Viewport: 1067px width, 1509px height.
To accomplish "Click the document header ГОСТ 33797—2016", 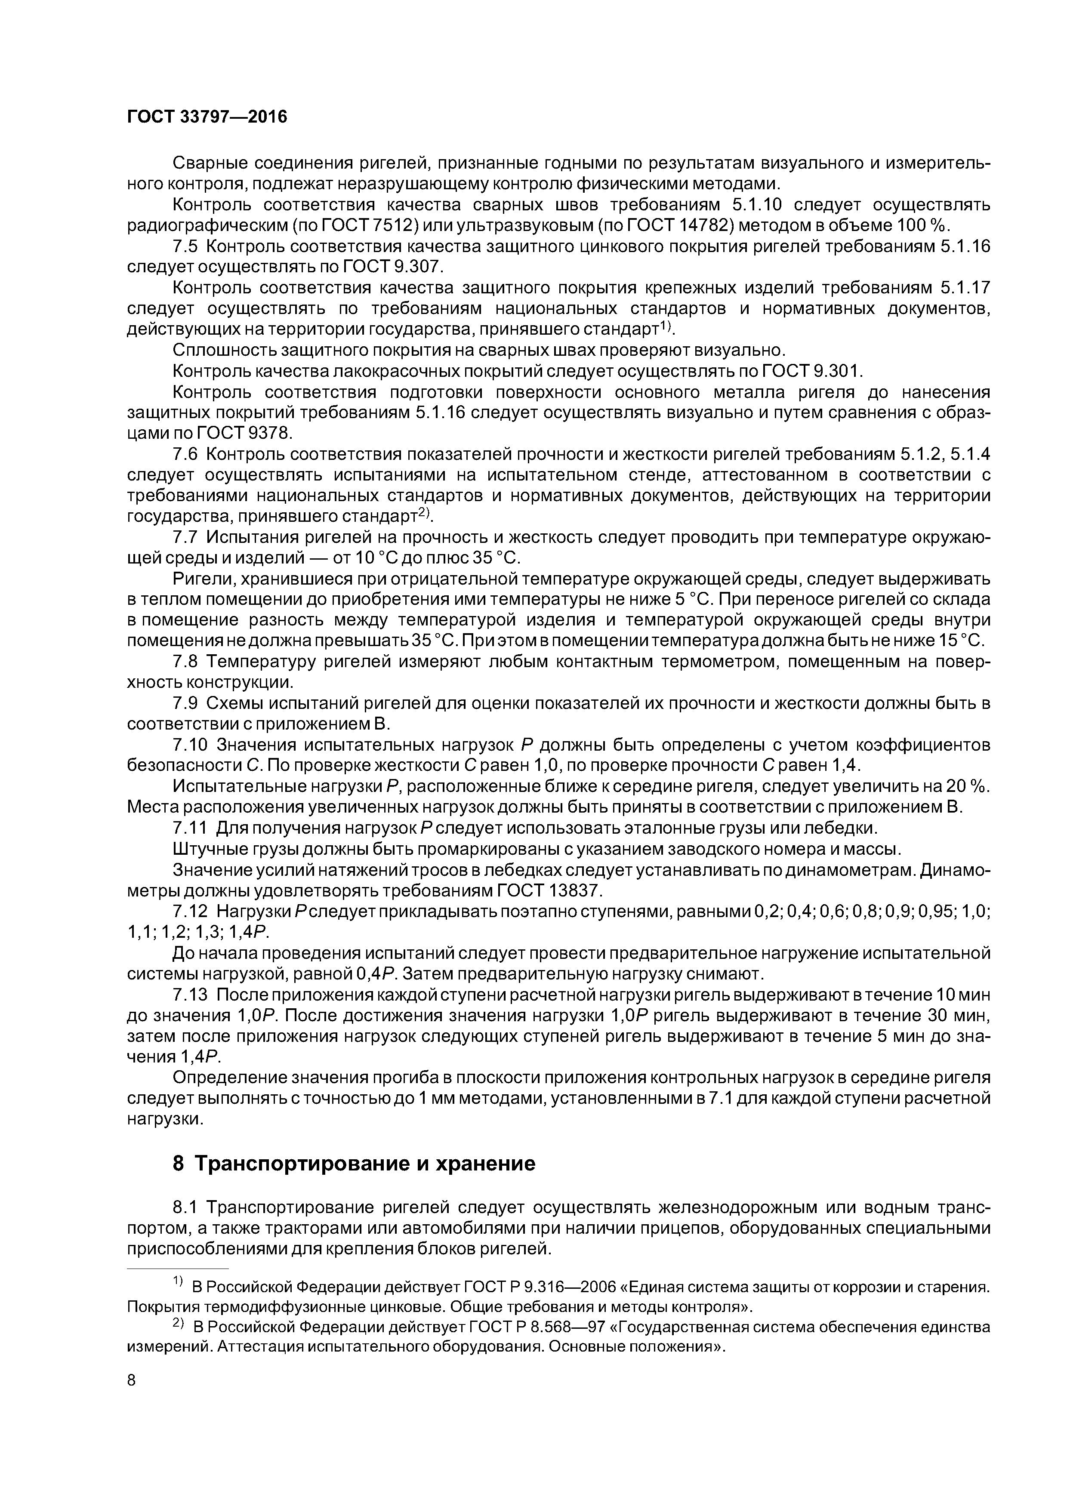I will tap(207, 117).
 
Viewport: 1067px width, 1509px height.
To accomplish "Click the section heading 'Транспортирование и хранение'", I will tap(355, 1163).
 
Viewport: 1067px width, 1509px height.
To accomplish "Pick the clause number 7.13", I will tap(190, 995).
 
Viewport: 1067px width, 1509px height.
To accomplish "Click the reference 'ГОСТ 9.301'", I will tap(810, 371).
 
